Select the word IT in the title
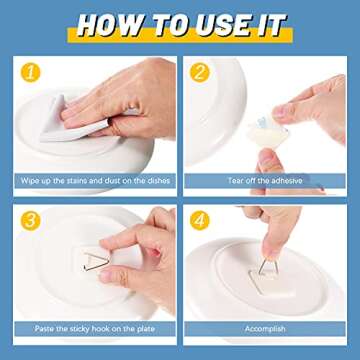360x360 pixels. coord(268,24)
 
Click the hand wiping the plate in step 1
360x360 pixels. coord(120,100)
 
